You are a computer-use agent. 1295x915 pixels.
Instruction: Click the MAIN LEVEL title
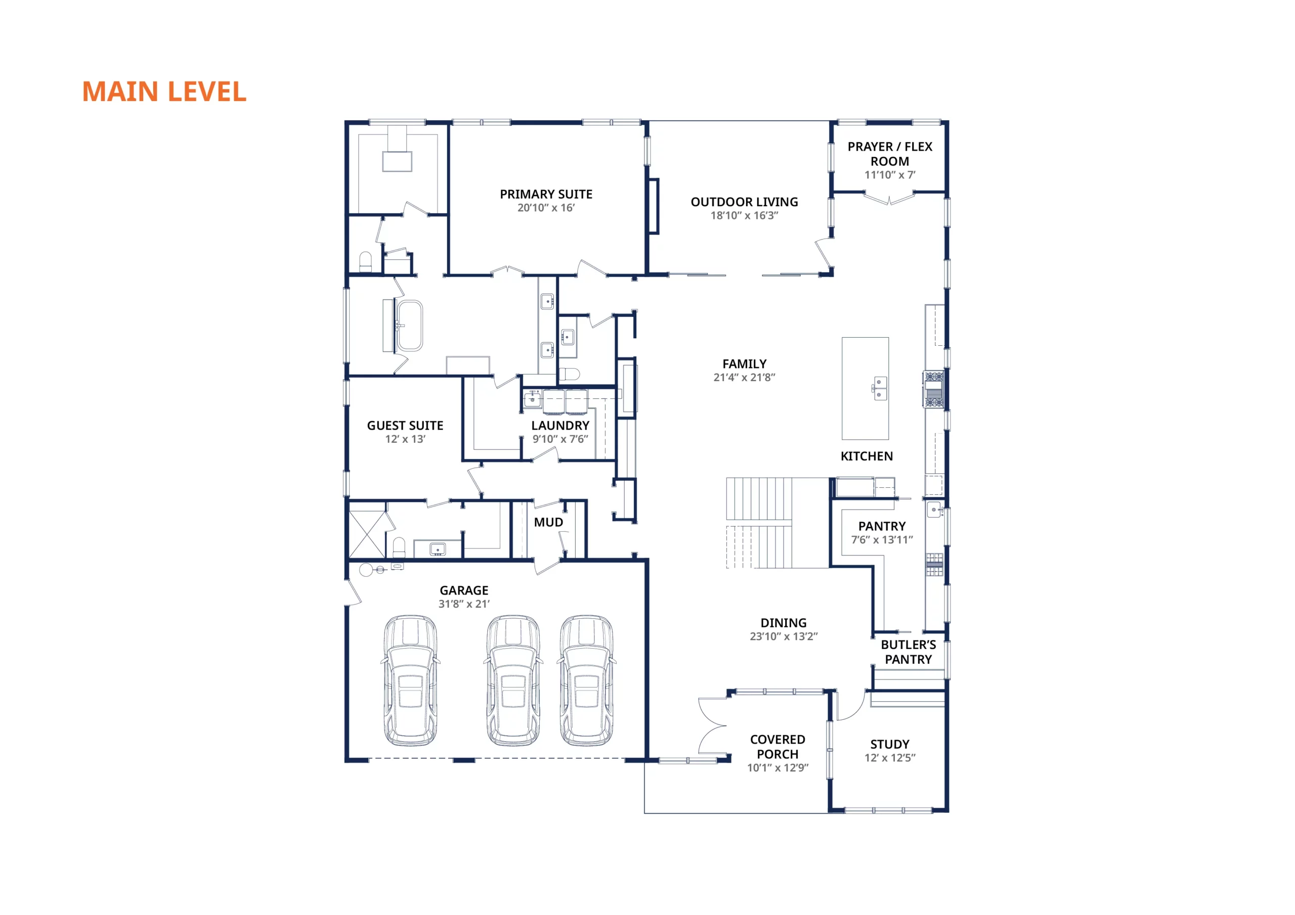click(164, 92)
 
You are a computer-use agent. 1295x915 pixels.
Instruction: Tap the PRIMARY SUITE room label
click(546, 195)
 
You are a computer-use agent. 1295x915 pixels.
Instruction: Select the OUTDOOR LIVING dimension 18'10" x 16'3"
click(744, 215)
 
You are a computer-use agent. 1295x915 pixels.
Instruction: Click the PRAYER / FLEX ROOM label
click(889, 154)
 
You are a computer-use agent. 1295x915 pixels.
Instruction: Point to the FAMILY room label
click(745, 364)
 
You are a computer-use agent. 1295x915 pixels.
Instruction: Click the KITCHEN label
click(867, 456)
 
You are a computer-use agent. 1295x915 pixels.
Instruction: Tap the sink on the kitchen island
click(879, 388)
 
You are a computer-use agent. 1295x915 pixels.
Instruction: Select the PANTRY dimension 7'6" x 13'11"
click(882, 539)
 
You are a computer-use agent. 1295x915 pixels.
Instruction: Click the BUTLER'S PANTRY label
click(908, 652)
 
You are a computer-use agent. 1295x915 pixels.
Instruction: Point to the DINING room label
click(784, 623)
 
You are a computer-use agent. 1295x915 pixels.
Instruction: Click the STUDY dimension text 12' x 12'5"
click(890, 758)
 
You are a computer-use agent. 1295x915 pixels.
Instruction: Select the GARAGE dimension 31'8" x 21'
click(464, 604)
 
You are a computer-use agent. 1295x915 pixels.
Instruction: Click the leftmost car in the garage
click(411, 680)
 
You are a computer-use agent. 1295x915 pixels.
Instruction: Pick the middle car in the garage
click(513, 680)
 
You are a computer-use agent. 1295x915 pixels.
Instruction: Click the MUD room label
click(548, 523)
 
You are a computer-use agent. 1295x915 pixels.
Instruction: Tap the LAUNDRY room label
click(560, 426)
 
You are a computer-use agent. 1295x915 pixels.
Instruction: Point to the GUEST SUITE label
click(405, 426)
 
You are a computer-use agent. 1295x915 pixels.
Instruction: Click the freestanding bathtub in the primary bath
click(409, 326)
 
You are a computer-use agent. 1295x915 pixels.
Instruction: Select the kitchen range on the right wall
click(933, 389)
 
